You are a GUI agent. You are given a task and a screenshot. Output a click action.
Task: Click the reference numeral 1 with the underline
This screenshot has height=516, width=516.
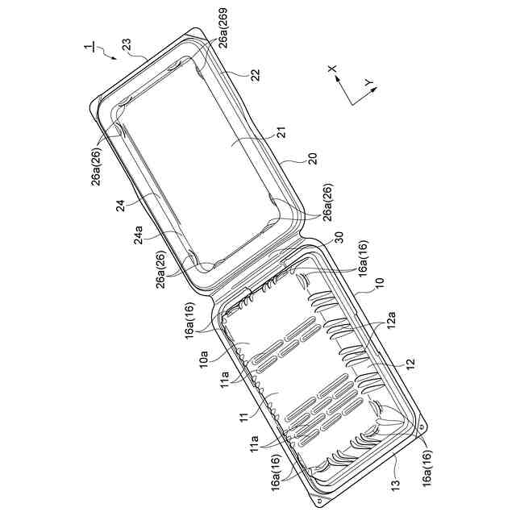[x=89, y=47]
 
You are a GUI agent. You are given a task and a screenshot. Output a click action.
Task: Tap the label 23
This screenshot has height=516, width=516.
[x=127, y=44]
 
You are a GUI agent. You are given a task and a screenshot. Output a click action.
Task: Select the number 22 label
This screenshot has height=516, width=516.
[x=255, y=75]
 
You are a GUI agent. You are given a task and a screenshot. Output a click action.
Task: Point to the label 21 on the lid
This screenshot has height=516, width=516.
[x=281, y=132]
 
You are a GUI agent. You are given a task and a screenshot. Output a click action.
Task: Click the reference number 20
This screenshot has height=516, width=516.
[x=312, y=159]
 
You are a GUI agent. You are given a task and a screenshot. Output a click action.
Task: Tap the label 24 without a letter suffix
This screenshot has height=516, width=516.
[x=121, y=206]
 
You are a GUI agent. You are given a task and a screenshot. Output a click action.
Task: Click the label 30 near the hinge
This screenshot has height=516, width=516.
[x=339, y=238]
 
